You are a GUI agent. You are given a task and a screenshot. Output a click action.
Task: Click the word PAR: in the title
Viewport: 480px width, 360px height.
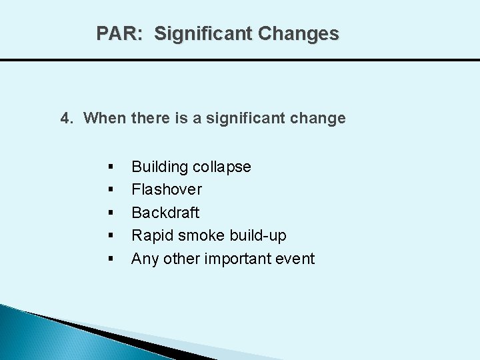pos(119,33)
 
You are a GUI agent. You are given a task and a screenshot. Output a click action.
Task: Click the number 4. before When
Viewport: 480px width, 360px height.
pos(67,119)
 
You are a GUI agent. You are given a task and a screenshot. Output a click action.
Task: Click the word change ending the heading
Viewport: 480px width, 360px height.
pos(321,119)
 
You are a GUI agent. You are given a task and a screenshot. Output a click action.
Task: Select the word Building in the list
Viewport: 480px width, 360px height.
pos(159,167)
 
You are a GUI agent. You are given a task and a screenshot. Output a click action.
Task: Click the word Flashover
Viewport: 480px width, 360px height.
pos(167,189)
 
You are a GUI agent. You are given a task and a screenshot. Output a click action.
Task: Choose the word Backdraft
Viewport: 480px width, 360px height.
pos(165,213)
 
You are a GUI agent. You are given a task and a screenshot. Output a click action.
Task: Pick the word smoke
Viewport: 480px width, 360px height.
pos(201,235)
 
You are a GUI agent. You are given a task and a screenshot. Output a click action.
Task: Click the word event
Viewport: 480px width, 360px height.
pos(295,259)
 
